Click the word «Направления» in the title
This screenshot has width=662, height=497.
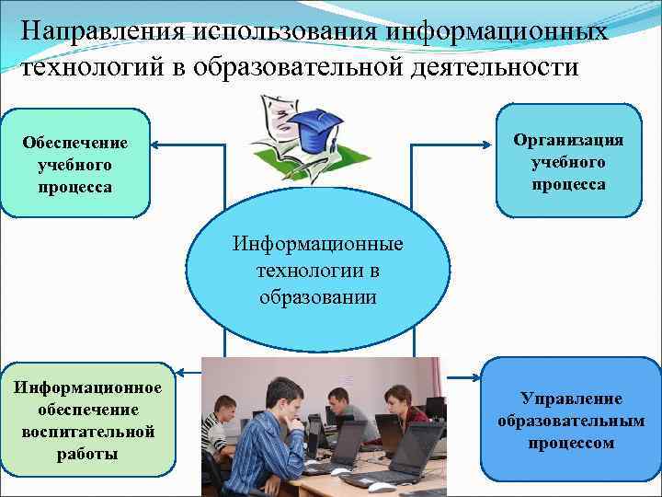tap(103, 31)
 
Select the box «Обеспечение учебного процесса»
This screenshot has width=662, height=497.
tap(75, 165)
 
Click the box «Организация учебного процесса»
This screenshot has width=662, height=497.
tap(568, 162)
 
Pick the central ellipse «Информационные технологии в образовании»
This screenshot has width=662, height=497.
tap(318, 271)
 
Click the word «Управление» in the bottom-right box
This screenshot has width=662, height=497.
tap(571, 399)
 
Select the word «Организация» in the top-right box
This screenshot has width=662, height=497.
tap(568, 139)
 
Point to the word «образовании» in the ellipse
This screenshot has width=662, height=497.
tap(318, 297)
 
